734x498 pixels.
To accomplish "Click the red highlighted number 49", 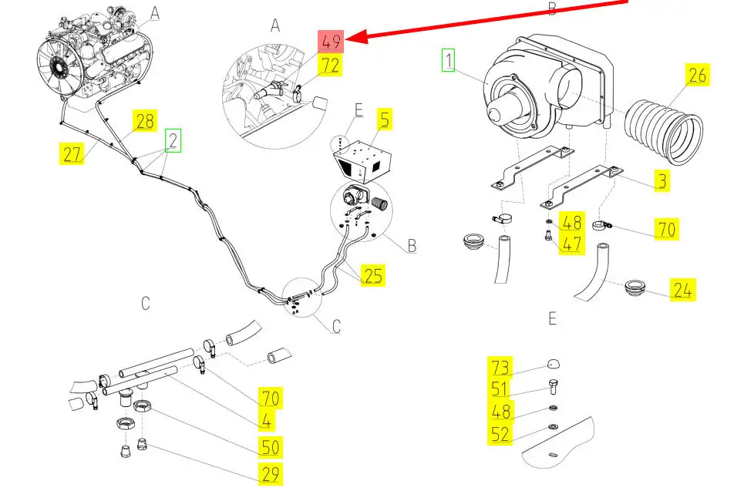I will point(332,40).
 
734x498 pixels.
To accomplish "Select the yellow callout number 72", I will point(330,65).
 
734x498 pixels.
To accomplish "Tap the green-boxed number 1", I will point(448,59).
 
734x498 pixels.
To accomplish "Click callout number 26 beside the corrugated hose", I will point(697,76).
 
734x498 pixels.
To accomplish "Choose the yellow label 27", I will point(72,153).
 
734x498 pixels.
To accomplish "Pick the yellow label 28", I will point(145,120).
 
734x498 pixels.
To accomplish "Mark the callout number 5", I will point(384,119).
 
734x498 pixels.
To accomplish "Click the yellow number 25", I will point(373,274).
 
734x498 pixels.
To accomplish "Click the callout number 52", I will point(500,434).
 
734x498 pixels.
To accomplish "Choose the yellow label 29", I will point(270,474).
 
